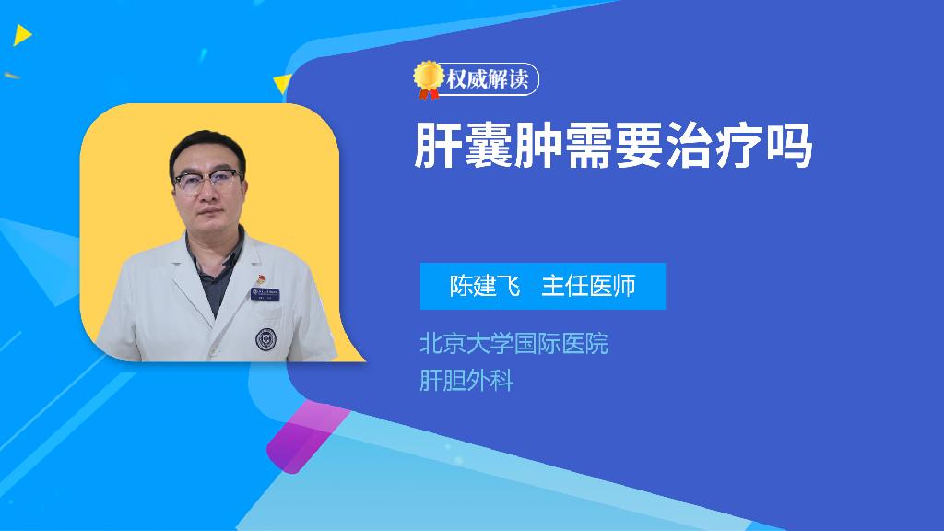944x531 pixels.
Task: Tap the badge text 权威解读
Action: pos(488,79)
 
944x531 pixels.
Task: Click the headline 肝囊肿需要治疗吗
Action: pos(613,146)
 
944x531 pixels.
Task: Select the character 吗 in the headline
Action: pos(789,146)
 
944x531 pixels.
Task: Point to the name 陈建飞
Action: pos(485,286)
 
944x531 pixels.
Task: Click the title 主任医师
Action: pos(588,286)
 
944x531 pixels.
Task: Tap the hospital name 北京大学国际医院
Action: pos(513,344)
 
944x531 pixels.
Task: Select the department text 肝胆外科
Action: pos(466,381)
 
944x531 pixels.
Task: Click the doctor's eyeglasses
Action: pos(207,181)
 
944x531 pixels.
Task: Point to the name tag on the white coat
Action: pos(265,294)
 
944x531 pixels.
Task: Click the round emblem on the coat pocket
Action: pos(265,339)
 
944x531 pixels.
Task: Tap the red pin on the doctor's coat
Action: pos(261,278)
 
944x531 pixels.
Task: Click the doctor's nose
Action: pos(207,194)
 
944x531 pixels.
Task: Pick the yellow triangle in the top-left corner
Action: pos(22,35)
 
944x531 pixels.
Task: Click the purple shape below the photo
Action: pos(306,436)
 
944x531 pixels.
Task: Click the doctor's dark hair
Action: pos(206,147)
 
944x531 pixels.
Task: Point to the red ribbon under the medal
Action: pos(428,94)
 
